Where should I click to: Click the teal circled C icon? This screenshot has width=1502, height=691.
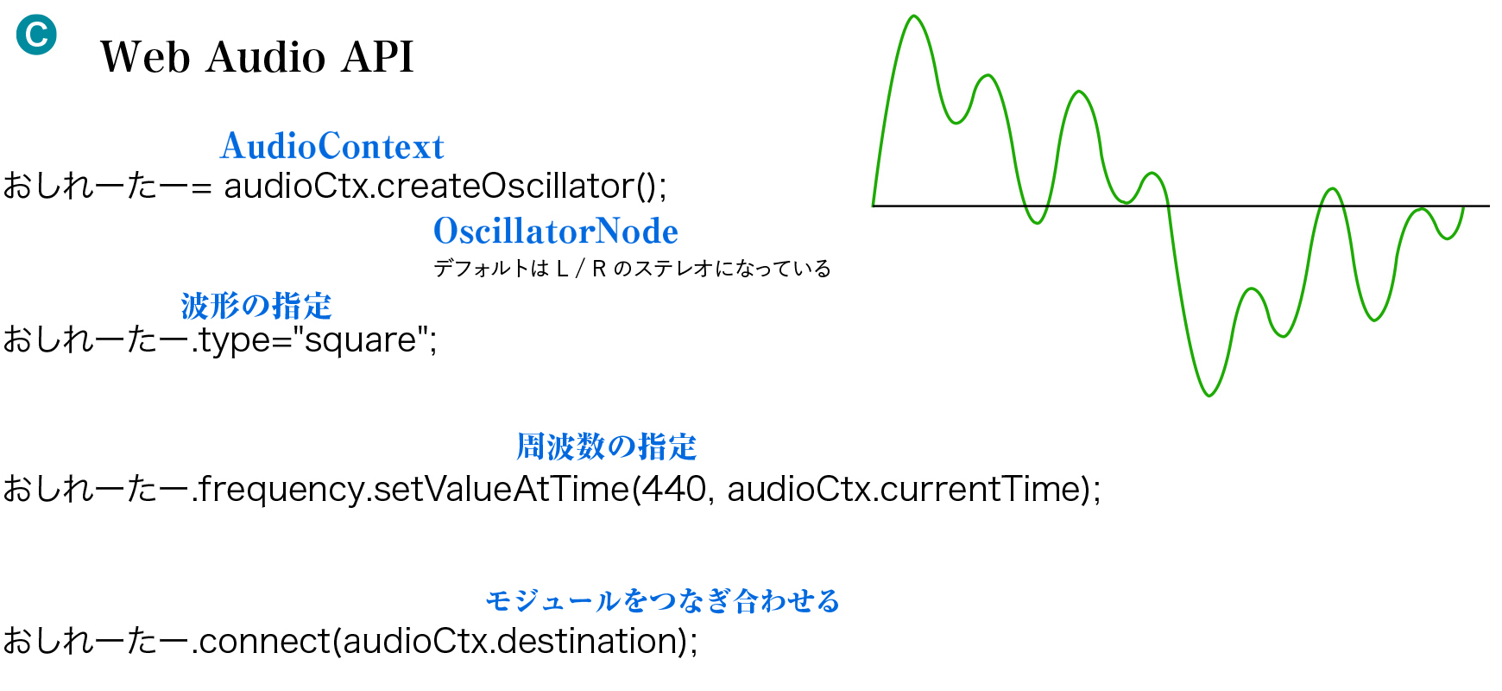[36, 35]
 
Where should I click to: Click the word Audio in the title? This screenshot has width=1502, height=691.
[266, 57]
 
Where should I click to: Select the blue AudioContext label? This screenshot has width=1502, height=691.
[332, 146]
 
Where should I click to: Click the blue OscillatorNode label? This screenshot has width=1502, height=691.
[556, 231]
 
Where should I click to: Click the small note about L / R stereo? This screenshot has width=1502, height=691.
[632, 269]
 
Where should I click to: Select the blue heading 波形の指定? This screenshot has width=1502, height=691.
[256, 306]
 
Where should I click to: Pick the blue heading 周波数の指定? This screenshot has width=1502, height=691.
[607, 447]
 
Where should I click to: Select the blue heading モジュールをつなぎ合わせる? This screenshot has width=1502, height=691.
[663, 600]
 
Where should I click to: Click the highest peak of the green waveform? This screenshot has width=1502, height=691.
[914, 16]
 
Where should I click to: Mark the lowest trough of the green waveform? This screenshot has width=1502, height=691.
[1209, 396]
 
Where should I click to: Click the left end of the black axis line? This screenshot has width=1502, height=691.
[873, 206]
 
